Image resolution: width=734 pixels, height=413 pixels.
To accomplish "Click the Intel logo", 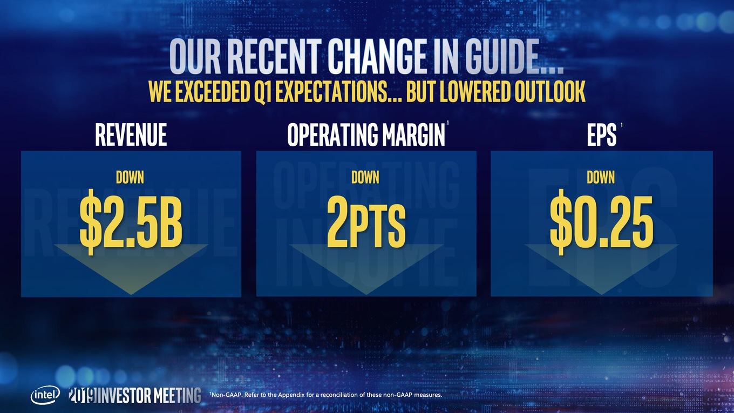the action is click(45, 395).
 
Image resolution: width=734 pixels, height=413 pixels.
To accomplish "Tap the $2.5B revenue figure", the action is click(131, 222).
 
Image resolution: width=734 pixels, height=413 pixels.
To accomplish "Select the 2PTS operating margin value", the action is click(366, 221).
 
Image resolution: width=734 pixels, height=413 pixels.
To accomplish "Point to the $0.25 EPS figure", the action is click(602, 222).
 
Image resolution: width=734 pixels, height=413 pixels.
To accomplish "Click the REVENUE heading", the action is click(131, 134).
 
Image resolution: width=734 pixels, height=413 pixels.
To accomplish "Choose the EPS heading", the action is click(602, 134).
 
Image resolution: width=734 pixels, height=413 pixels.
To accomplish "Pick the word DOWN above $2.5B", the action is click(130, 177).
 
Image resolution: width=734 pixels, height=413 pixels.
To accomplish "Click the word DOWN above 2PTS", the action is click(365, 177).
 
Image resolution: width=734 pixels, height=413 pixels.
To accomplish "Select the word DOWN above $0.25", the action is click(601, 177).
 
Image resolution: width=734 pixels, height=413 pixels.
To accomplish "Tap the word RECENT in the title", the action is click(273, 56).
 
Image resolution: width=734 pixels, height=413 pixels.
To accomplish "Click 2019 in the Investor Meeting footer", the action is click(83, 395).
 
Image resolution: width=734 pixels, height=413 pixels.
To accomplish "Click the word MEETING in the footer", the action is click(178, 395).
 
